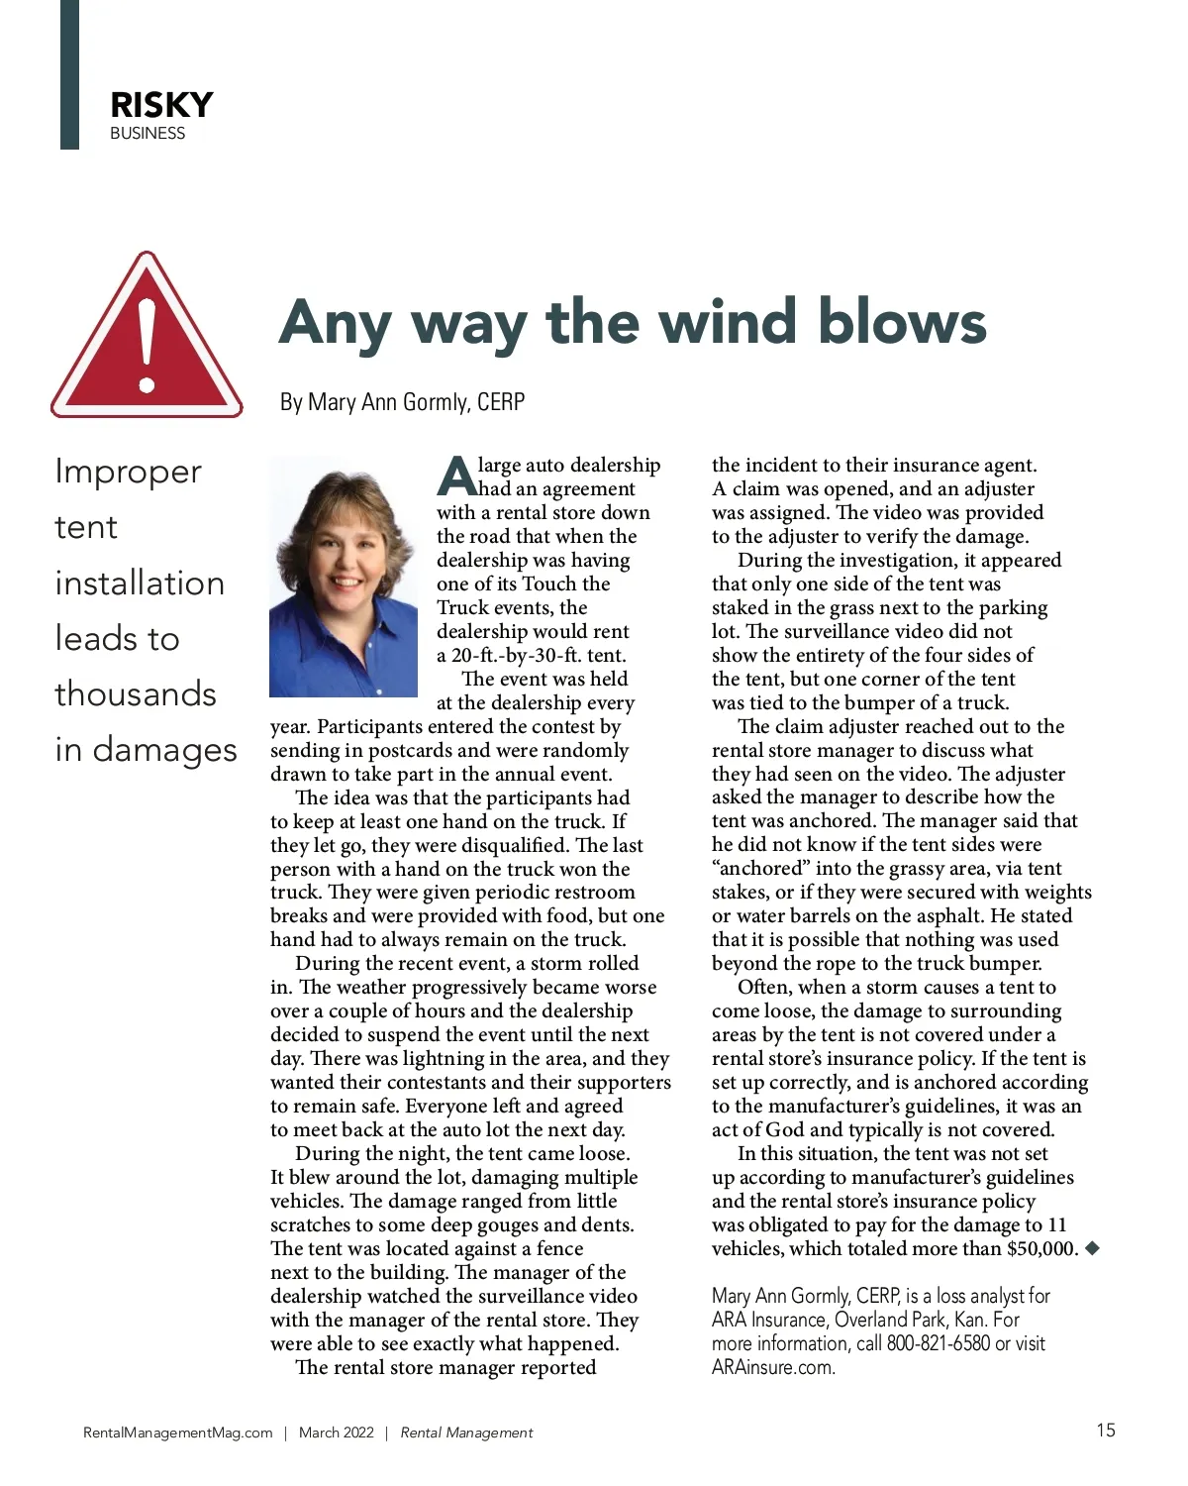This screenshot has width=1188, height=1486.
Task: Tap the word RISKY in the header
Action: [161, 105]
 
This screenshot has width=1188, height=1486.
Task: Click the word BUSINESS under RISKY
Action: [148, 134]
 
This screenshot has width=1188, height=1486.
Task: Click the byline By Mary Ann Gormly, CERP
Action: [402, 402]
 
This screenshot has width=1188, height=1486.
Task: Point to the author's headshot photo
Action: [344, 577]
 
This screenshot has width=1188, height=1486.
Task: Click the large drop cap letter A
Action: [455, 477]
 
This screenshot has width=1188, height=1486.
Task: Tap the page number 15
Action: [1106, 1430]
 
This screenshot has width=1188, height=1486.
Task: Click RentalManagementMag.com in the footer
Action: [178, 1433]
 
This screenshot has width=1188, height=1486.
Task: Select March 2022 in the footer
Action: [337, 1433]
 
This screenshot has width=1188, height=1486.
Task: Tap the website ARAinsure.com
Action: [773, 1368]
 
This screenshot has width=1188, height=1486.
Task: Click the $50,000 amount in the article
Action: [1041, 1248]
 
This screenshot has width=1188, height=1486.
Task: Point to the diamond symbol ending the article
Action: [1093, 1248]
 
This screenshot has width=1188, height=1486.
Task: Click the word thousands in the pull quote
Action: [136, 693]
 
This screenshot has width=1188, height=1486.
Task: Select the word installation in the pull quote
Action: [140, 583]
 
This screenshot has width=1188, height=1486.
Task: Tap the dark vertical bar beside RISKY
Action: [69, 74]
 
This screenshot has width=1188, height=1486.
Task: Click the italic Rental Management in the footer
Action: [466, 1433]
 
